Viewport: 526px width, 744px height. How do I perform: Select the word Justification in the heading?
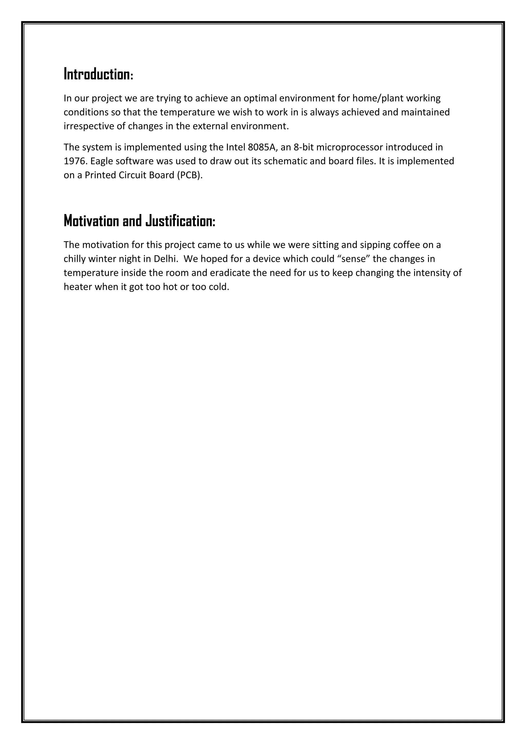point(180,221)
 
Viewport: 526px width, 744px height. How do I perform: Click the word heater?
point(78,287)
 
